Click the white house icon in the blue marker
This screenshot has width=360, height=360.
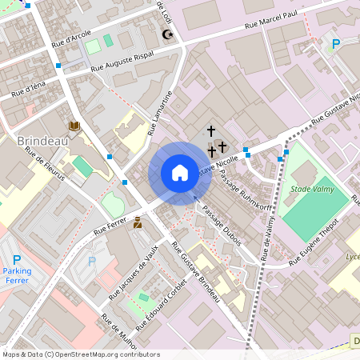click(x=180, y=173)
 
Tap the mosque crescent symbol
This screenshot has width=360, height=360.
click(x=167, y=34)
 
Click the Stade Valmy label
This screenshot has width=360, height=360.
click(x=310, y=189)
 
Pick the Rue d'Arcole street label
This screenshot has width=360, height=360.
click(x=70, y=38)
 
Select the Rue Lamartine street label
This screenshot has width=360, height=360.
click(x=161, y=114)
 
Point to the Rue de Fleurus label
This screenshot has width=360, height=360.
click(x=45, y=164)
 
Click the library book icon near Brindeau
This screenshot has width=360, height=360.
click(x=74, y=126)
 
